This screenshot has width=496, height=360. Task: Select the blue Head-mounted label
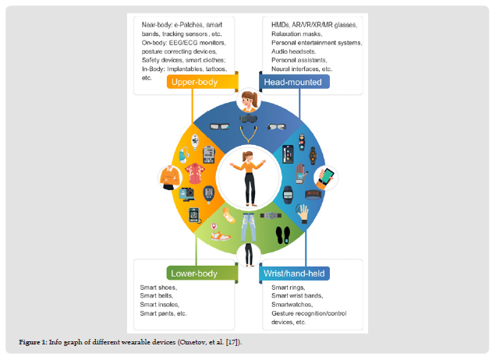pos(294,81)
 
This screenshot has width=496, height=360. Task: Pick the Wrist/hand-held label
pos(295,274)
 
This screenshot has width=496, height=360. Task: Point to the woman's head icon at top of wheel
pos(249,101)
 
